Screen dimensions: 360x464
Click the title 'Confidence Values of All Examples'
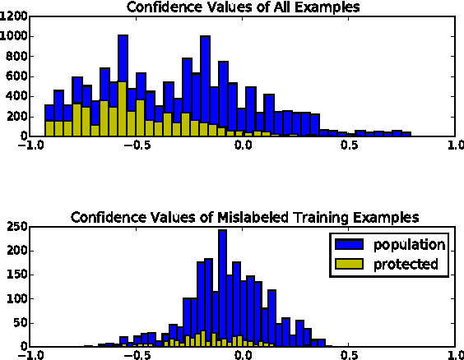click(244, 7)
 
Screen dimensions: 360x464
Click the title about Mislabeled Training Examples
click(244, 218)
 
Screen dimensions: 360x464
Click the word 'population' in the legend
click(409, 244)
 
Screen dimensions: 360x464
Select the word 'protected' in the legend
click(405, 264)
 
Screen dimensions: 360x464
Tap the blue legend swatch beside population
click(348, 244)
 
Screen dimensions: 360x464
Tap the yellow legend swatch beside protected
click(348, 264)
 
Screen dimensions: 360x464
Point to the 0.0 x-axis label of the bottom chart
click(244, 357)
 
